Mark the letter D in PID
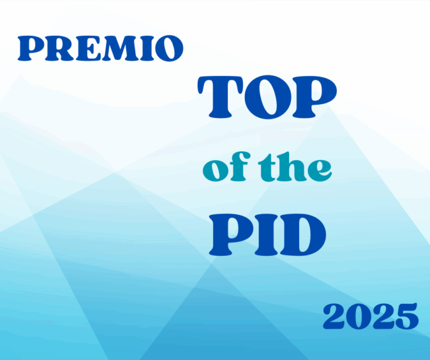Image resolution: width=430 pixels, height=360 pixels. pyautogui.click(x=302, y=235)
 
